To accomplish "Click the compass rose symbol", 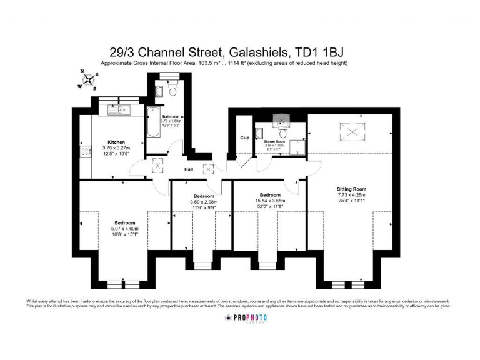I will pos(87,79).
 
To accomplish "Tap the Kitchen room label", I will pos(116,142).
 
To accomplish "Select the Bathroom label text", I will pos(171,117).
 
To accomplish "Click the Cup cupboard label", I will pos(244,137).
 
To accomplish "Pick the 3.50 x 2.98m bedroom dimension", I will pos(204,201).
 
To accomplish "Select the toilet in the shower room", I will pos(283,132).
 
